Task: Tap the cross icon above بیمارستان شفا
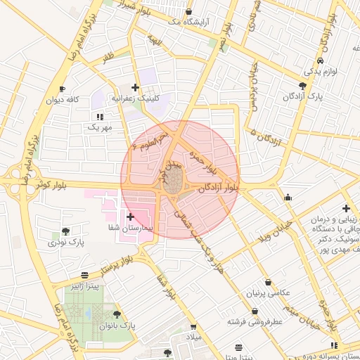point(131,217)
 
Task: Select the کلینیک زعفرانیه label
point(143,98)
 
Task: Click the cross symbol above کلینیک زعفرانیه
point(136,86)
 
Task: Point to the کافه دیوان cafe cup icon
point(62,89)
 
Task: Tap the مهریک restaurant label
point(99,127)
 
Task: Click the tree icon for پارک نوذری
point(65,231)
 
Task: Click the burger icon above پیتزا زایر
point(85,275)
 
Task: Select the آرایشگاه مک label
point(188,23)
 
